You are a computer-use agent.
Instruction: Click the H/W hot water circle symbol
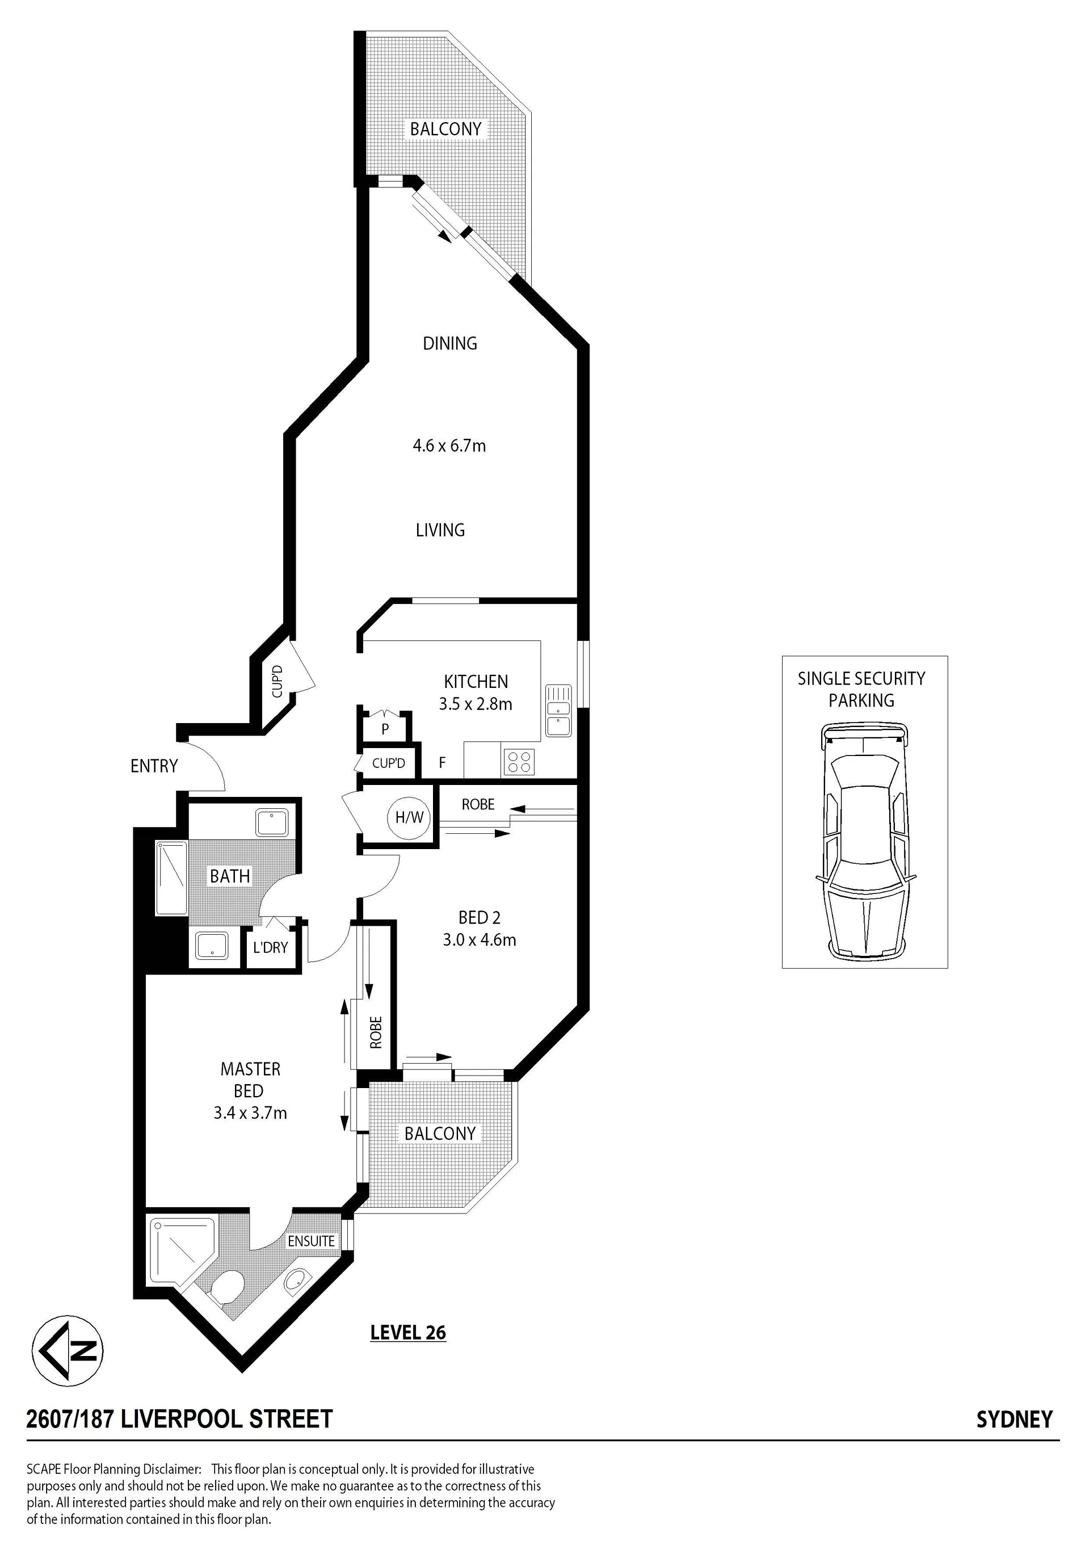click(x=409, y=817)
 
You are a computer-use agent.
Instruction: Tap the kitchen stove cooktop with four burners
click(x=519, y=761)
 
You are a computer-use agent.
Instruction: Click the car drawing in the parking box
click(x=864, y=842)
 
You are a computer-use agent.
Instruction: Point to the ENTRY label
click(x=154, y=766)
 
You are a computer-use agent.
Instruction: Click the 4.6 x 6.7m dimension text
click(x=449, y=445)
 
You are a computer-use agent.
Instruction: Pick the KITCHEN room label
click(x=476, y=681)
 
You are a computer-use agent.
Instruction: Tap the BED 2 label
click(x=479, y=917)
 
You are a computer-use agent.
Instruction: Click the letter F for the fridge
click(x=442, y=762)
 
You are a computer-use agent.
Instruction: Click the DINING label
click(x=449, y=343)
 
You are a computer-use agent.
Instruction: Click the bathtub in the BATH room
click(x=171, y=879)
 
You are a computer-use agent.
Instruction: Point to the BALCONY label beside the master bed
click(x=440, y=1133)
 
